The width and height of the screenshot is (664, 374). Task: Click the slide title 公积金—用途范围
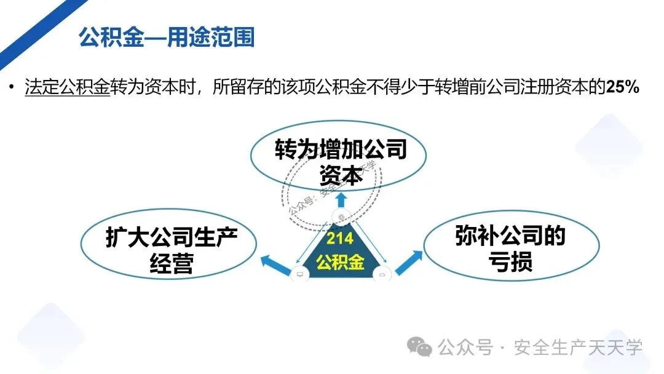pos(167,37)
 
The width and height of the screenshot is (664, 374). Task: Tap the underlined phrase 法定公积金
pos(67,87)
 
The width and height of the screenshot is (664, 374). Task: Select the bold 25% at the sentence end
pos(623,87)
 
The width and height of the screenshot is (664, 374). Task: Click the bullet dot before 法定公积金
pos(11,87)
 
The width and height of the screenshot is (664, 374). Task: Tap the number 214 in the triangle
pos(340,239)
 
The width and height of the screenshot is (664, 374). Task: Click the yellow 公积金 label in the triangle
pos(340,262)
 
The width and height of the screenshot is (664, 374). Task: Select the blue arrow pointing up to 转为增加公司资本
pos(340,198)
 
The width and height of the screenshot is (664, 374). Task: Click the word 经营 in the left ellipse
pos(172,264)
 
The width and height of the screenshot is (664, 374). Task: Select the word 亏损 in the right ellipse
pos(510,262)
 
